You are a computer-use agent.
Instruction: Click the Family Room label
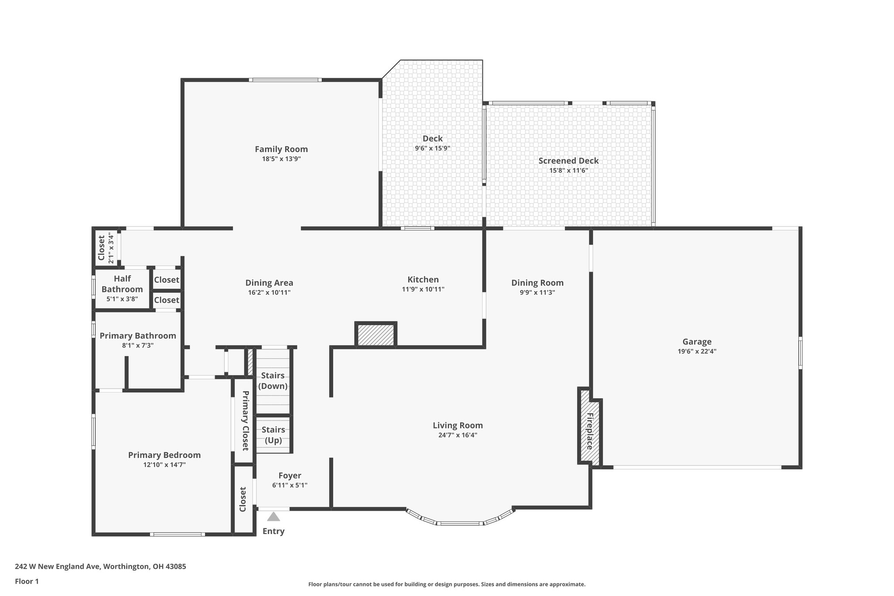[281, 149]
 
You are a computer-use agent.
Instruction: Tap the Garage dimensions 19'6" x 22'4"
[697, 351]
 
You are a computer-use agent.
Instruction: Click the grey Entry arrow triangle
[273, 517]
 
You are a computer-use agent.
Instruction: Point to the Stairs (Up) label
[273, 435]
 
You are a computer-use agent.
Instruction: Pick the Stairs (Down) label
[273, 381]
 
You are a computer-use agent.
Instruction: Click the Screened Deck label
[568, 161]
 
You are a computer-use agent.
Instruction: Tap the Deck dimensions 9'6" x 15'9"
[432, 148]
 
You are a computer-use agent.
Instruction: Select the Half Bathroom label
[122, 284]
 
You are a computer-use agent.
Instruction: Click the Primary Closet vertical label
[245, 420]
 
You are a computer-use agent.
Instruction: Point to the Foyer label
[290, 475]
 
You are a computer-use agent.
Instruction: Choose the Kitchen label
[423, 279]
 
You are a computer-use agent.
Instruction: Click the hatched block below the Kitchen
[376, 335]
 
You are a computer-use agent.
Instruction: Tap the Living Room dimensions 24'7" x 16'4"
[457, 435]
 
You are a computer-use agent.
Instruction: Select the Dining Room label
[537, 283]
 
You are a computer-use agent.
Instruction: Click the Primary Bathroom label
[138, 336]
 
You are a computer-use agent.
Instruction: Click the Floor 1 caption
[27, 581]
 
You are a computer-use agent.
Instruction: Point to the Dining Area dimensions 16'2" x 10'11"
[269, 293]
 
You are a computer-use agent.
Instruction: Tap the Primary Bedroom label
[164, 455]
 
